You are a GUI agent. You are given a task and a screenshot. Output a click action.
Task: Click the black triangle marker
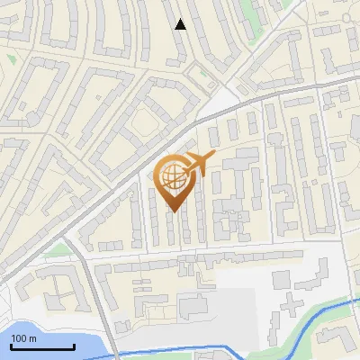[x=181, y=24]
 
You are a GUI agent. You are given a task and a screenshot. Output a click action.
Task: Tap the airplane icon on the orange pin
[x=199, y=164]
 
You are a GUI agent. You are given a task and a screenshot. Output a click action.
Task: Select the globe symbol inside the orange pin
[x=175, y=176]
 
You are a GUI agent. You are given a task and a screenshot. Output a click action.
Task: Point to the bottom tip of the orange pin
[x=175, y=211]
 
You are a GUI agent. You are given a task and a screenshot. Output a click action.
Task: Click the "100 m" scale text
[x=23, y=338]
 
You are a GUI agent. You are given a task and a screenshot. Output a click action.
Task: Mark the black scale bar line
[x=41, y=346]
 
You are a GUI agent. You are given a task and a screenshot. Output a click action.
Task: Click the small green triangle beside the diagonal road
[x=58, y=248]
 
